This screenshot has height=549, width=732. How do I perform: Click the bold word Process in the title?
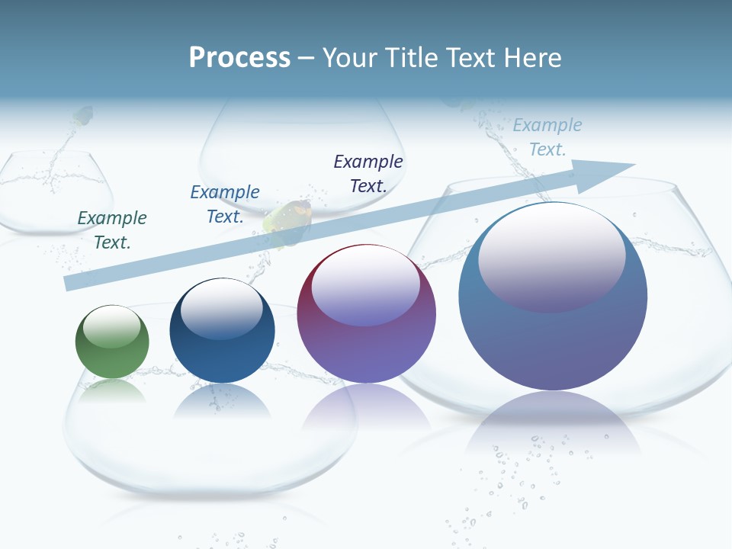click(239, 58)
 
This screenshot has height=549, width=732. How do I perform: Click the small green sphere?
click(112, 342)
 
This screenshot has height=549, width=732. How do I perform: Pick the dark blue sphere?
click(222, 330)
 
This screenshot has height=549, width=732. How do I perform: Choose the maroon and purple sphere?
click(366, 313)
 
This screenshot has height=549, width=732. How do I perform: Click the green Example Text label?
click(112, 230)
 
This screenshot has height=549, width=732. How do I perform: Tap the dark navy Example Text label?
click(368, 173)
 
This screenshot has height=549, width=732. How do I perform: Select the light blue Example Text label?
click(547, 136)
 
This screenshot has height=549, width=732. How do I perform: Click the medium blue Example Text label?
click(225, 204)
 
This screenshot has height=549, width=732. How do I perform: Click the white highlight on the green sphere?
click(112, 327)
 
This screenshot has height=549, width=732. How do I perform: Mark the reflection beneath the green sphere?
click(112, 390)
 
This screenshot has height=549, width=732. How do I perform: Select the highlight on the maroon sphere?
click(366, 286)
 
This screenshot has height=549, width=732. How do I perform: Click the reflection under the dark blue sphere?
click(222, 400)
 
